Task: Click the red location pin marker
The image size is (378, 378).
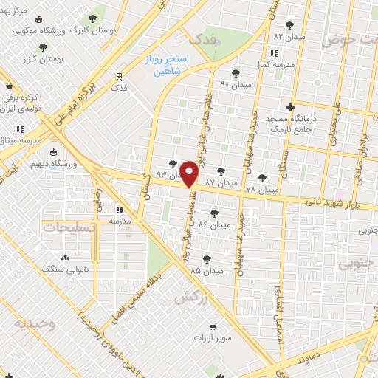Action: [x=190, y=174]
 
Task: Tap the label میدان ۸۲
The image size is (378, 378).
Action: [x=289, y=35]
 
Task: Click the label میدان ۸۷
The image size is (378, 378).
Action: [x=221, y=182]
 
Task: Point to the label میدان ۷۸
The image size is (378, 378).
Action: [x=262, y=190]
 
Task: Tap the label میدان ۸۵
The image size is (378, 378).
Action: [x=206, y=271]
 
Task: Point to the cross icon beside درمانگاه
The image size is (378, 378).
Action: [x=290, y=106]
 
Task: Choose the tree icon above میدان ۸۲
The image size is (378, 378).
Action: [x=289, y=24]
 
